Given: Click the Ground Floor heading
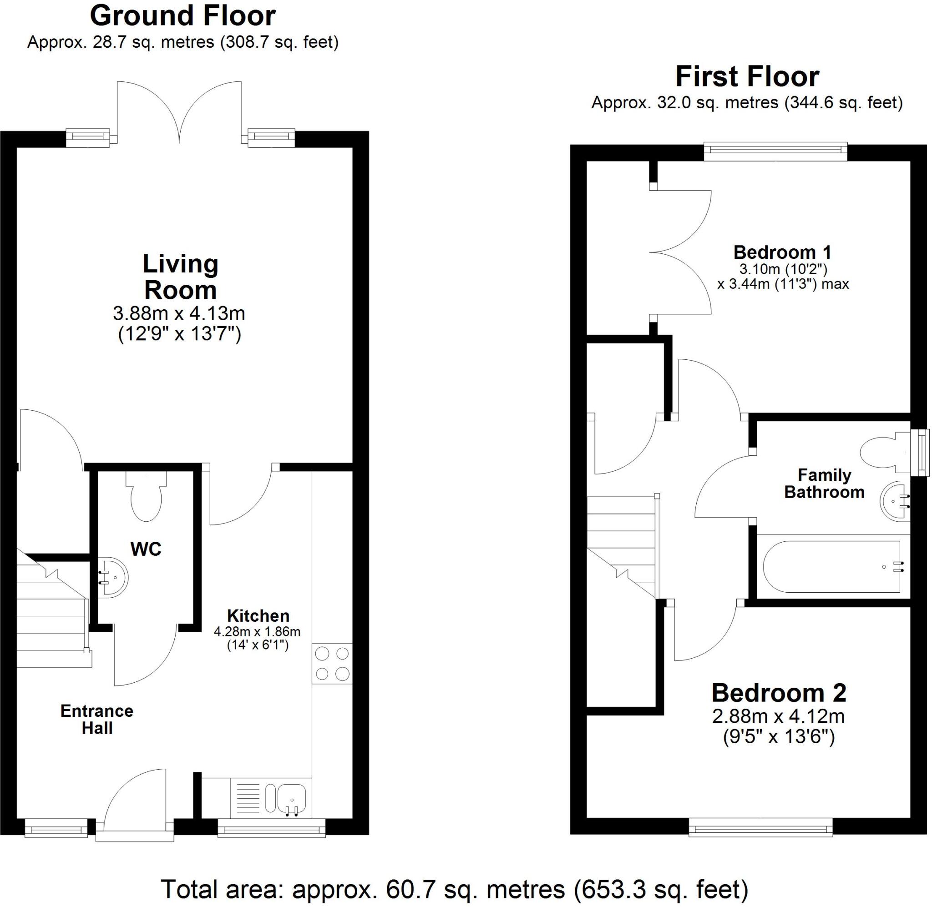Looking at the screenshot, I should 182,16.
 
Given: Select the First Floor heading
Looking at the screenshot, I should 747,77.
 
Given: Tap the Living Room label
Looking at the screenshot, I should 180,277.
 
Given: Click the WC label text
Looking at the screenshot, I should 146,549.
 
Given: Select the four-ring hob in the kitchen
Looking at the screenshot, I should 332,664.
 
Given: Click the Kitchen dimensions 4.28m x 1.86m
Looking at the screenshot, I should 257,632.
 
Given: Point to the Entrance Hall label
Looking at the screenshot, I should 97,719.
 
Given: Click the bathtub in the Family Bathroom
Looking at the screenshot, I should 831,567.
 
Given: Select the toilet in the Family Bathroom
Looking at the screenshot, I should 881,452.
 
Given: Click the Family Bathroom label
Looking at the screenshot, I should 824,483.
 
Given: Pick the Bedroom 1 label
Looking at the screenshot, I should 782,252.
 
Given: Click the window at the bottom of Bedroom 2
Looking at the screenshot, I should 760,829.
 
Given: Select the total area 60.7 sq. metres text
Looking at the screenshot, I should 454,888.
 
